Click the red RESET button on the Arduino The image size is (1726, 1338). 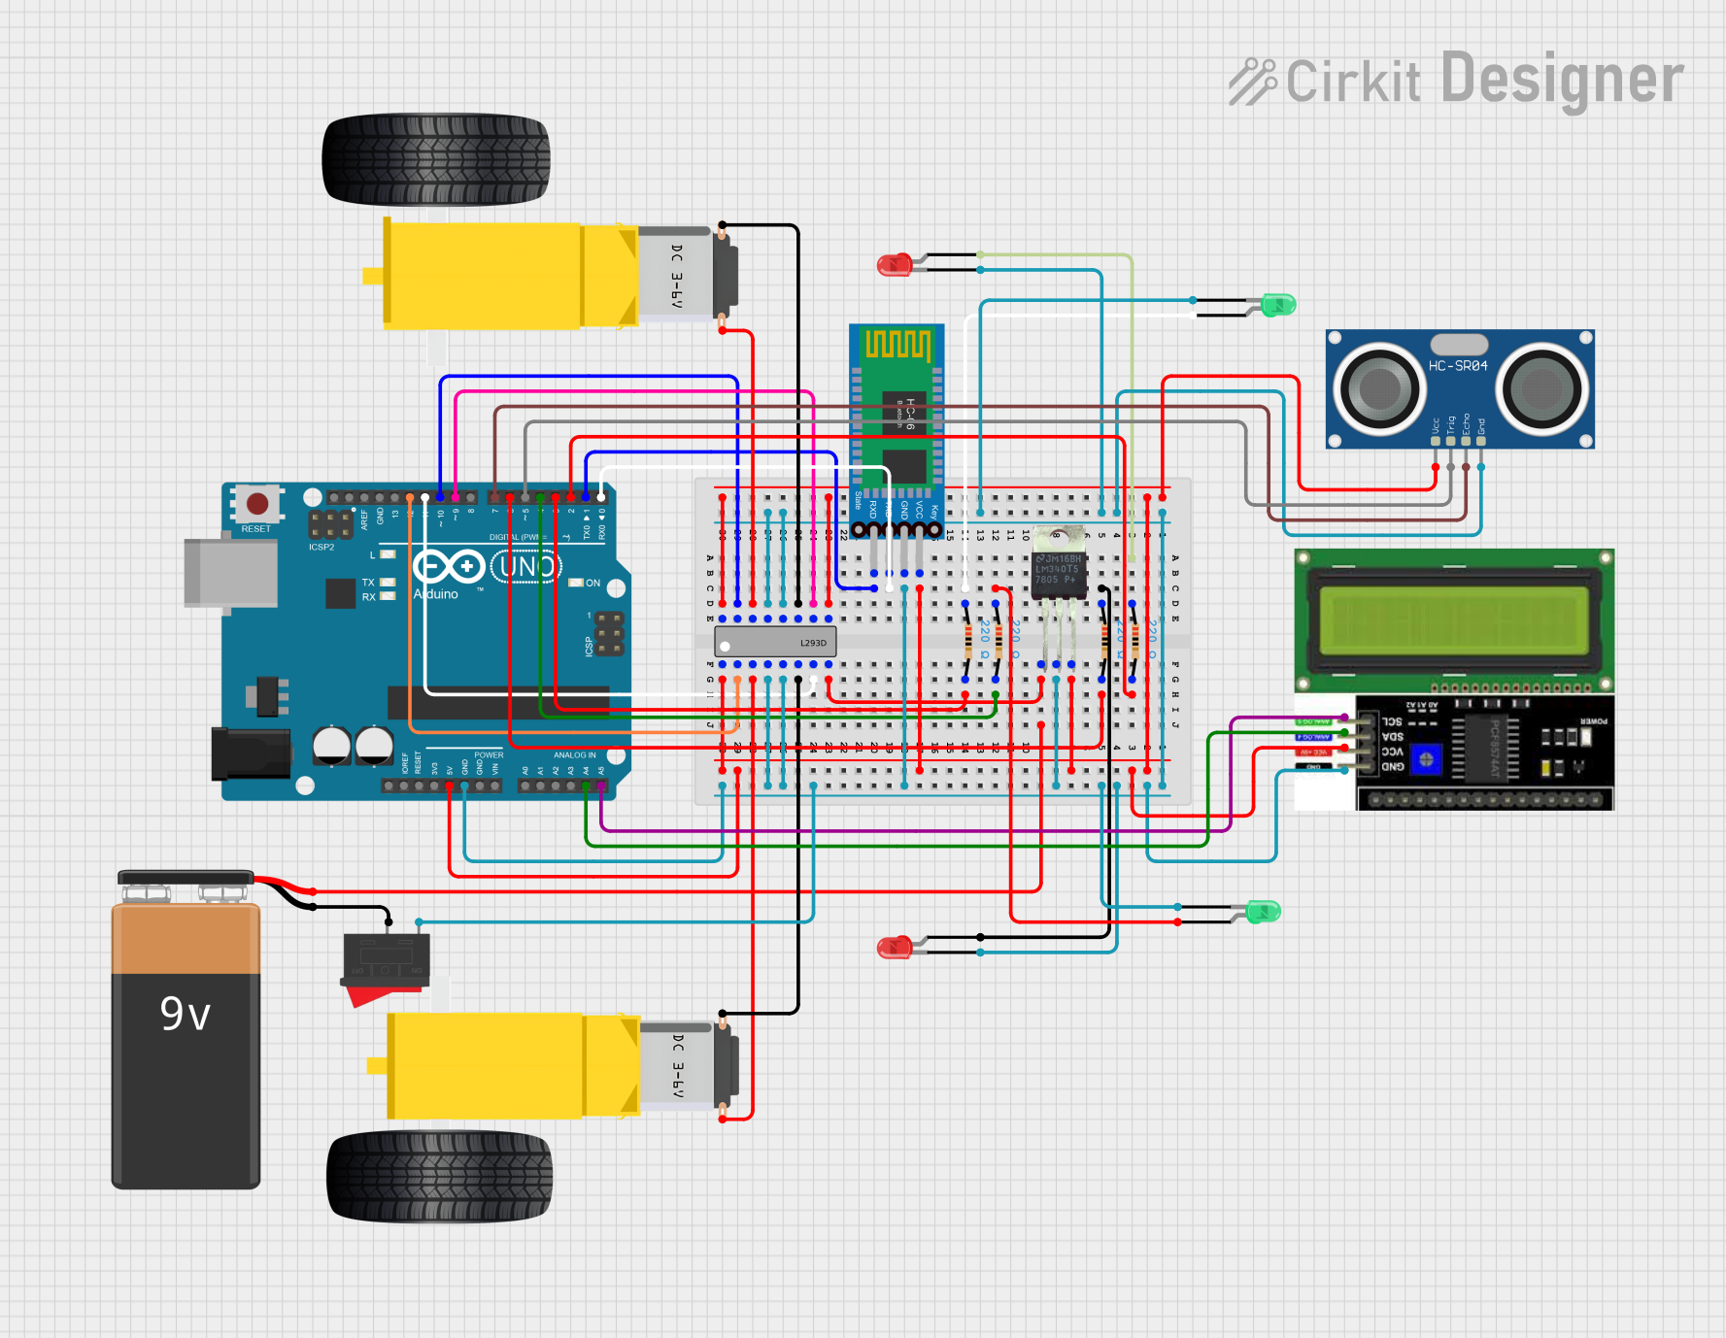(257, 504)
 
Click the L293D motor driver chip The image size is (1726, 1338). (774, 642)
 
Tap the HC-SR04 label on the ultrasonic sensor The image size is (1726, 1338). (1457, 366)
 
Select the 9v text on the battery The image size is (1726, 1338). (185, 1015)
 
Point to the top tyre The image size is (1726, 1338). (435, 159)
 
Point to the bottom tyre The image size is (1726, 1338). (439, 1176)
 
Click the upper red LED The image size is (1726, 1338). (893, 264)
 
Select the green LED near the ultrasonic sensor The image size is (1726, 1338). (1277, 305)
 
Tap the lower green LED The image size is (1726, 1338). (1263, 911)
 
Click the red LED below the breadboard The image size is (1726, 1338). (893, 948)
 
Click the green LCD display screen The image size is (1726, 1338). (1453, 621)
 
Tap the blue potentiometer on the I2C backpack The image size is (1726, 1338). (1426, 759)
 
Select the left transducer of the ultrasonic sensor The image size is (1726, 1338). (1378, 389)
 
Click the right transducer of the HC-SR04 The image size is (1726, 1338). (1540, 389)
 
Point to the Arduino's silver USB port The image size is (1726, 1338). (230, 573)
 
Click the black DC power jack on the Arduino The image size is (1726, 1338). (250, 753)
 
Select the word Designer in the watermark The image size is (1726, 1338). (1562, 81)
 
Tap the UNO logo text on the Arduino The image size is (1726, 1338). (525, 566)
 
